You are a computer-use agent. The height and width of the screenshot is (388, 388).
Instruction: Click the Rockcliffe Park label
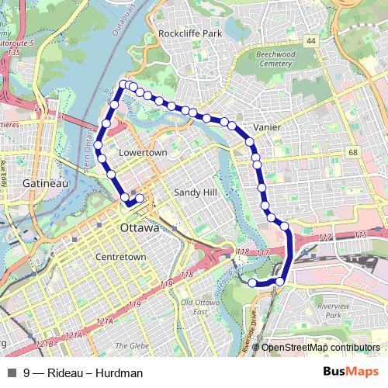tap(190, 34)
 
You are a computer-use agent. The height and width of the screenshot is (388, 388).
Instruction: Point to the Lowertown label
tap(143, 153)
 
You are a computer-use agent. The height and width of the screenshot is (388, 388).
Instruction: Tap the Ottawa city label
tap(139, 229)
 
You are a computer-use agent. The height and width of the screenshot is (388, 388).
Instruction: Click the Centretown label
tap(120, 256)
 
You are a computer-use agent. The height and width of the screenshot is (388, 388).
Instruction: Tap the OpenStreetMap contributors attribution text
tap(320, 348)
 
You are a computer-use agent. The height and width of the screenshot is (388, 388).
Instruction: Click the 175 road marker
tap(359, 235)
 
